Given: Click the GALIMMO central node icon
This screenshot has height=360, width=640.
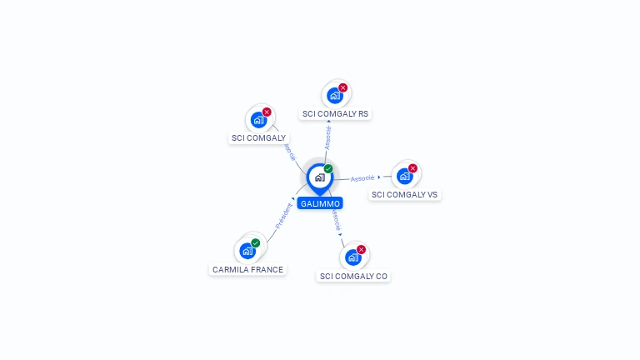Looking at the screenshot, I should pyautogui.click(x=319, y=177).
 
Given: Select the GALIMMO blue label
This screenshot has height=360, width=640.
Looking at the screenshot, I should pyautogui.click(x=320, y=203).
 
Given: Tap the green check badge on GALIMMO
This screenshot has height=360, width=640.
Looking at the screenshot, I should pyautogui.click(x=328, y=169).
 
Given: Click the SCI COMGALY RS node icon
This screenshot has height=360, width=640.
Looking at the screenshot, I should pyautogui.click(x=334, y=95).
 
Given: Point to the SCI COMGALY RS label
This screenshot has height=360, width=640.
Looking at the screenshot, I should pyautogui.click(x=335, y=113).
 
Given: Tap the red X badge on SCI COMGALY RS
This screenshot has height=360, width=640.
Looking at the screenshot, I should pyautogui.click(x=342, y=87).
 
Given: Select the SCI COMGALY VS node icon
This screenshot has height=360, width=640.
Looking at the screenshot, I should pyautogui.click(x=404, y=176).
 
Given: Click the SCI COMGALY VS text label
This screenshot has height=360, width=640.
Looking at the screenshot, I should pyautogui.click(x=404, y=194).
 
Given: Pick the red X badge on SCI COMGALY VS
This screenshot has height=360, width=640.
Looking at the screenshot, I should pyautogui.click(x=412, y=168).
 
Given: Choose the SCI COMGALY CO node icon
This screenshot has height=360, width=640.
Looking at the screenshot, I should pyautogui.click(x=352, y=257).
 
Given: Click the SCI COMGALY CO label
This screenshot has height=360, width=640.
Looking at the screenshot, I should pyautogui.click(x=353, y=276).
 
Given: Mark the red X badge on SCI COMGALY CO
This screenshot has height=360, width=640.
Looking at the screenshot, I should pyautogui.click(x=361, y=250).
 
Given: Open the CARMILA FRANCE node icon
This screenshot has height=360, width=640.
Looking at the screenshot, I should pyautogui.click(x=247, y=251).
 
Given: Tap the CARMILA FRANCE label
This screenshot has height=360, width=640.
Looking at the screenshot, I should pyautogui.click(x=247, y=270).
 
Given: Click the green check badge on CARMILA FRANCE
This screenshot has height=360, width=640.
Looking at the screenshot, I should pyautogui.click(x=256, y=243).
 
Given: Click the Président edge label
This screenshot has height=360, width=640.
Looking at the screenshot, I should pyautogui.click(x=283, y=216).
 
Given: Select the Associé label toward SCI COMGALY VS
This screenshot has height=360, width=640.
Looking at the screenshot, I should pyautogui.click(x=362, y=178).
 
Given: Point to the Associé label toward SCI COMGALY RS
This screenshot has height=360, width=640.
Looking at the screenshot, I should pyautogui.click(x=327, y=138).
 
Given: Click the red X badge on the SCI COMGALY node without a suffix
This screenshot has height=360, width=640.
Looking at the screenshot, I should pyautogui.click(x=267, y=112).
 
